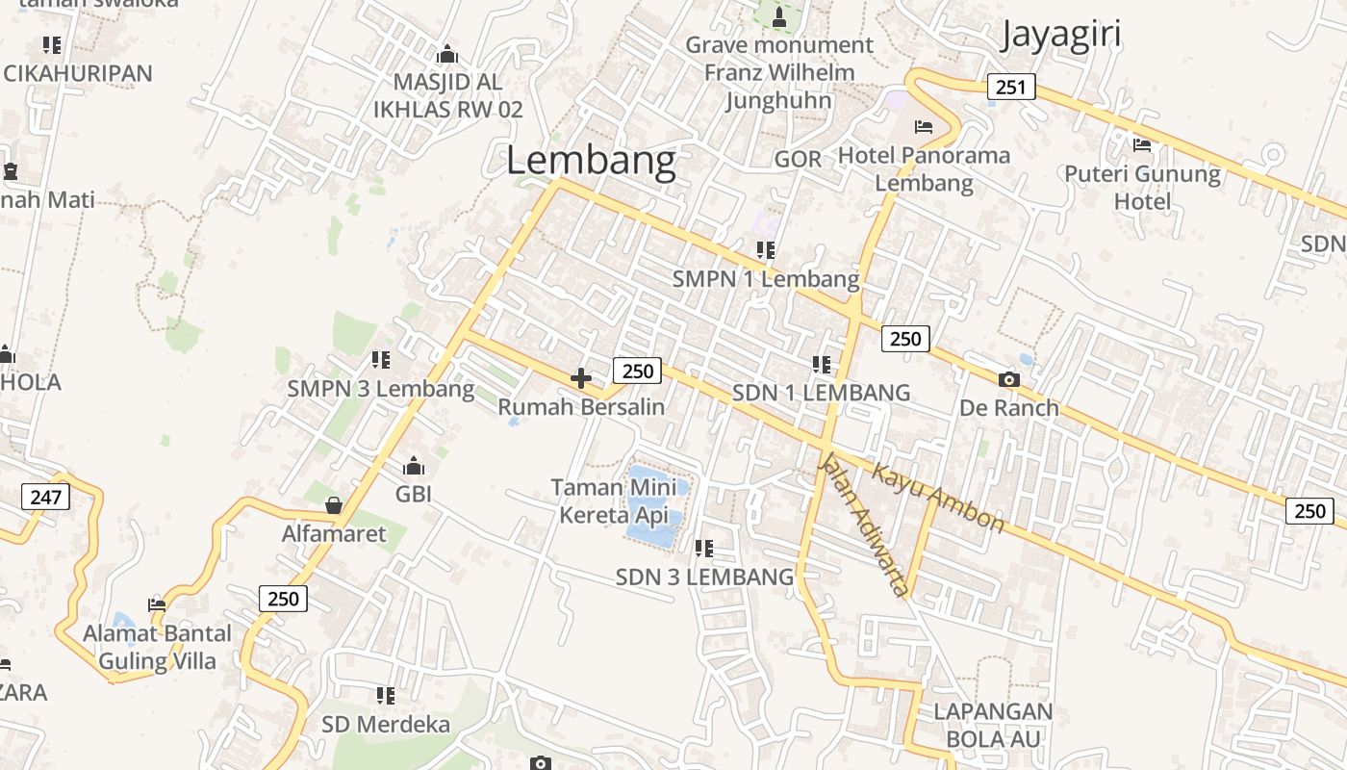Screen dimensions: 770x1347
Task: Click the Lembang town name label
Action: [x=591, y=161]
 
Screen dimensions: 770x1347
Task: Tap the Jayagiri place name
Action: [x=1060, y=35]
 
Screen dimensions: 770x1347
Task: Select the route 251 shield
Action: [x=1010, y=88]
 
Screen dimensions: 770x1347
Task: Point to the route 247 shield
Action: [x=45, y=497]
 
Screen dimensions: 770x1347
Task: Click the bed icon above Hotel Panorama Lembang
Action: [x=924, y=127]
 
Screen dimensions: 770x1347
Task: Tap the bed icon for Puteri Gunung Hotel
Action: [x=1142, y=145]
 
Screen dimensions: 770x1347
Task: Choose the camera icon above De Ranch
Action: [x=1008, y=379]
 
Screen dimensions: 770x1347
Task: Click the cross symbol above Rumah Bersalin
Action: [x=581, y=378]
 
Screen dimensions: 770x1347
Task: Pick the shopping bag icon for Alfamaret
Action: [x=334, y=505]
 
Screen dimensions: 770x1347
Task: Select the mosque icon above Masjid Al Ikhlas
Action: [x=447, y=54]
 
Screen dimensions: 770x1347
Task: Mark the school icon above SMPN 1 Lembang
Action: [x=766, y=250]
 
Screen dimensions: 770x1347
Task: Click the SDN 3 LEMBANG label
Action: [x=704, y=577]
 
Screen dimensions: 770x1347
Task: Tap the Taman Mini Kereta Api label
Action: [x=613, y=501]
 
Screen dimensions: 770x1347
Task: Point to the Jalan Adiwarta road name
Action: [x=863, y=524]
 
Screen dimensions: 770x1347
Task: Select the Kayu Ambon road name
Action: [x=938, y=497]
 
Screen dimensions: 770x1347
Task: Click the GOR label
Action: [x=798, y=159]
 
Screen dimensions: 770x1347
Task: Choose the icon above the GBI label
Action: [x=414, y=467]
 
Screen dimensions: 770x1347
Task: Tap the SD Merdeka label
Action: [x=386, y=724]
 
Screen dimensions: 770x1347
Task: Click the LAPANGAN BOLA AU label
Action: [x=993, y=725]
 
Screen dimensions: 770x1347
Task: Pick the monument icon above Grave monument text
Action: [x=779, y=16]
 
